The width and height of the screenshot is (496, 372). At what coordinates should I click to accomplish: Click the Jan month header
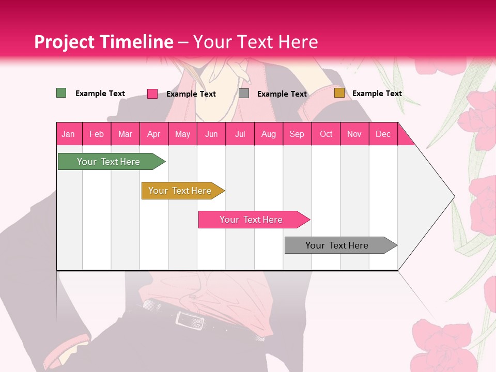pyautogui.click(x=69, y=134)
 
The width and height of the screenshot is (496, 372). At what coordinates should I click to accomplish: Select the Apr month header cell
pyautogui.click(x=154, y=134)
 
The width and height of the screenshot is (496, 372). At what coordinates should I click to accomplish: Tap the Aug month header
pyautogui.click(x=269, y=134)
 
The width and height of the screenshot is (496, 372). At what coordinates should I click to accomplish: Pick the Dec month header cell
pyautogui.click(x=383, y=134)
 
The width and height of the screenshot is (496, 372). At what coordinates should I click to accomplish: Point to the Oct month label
pyautogui.click(x=326, y=134)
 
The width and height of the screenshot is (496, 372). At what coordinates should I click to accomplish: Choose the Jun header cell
pyautogui.click(x=211, y=134)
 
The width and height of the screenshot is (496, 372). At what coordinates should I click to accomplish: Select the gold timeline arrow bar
pyautogui.click(x=181, y=191)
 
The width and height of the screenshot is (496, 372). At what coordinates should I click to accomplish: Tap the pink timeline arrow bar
pyautogui.click(x=252, y=220)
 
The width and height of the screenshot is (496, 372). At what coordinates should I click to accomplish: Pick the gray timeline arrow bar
pyautogui.click(x=338, y=245)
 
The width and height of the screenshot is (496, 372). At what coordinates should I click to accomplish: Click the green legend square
pyautogui.click(x=61, y=93)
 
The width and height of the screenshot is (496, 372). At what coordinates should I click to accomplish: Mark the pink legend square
pyautogui.click(x=152, y=94)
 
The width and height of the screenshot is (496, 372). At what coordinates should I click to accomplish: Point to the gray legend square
pyautogui.click(x=244, y=94)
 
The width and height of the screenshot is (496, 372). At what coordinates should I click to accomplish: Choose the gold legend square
pyautogui.click(x=339, y=93)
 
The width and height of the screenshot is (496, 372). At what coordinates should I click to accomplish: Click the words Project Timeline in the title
pyautogui.click(x=103, y=42)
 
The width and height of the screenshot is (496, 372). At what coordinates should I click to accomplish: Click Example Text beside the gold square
pyautogui.click(x=377, y=94)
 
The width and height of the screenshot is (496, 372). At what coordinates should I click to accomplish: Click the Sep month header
pyautogui.click(x=297, y=134)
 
